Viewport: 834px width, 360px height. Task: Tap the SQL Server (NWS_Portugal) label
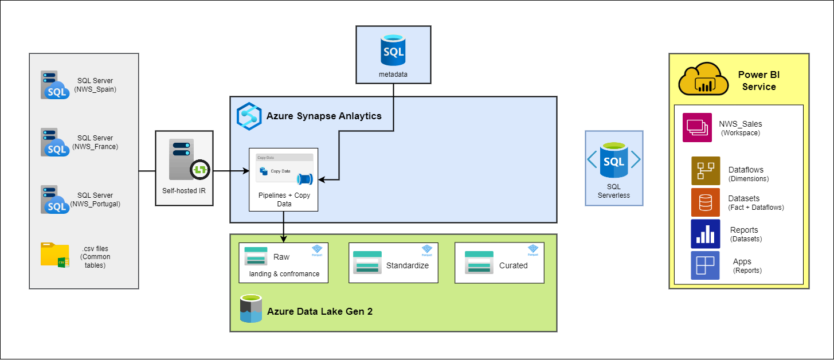pyautogui.click(x=95, y=199)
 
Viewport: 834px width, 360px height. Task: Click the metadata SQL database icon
pyautogui.click(x=393, y=50)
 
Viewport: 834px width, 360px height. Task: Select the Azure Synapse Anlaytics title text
pyautogui.click(x=324, y=116)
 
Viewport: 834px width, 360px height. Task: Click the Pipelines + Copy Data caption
pyautogui.click(x=283, y=200)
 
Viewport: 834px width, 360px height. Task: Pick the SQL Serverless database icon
pyautogui.click(x=614, y=161)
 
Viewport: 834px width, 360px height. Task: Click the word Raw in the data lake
pyautogui.click(x=281, y=257)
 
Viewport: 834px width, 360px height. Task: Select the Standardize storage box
pyautogui.click(x=393, y=263)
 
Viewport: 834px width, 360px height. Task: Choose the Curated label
pyautogui.click(x=513, y=265)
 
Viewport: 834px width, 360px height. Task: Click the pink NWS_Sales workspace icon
pyautogui.click(x=697, y=127)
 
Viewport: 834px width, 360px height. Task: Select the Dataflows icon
pyautogui.click(x=705, y=171)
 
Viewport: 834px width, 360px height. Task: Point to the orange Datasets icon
pyautogui.click(x=705, y=202)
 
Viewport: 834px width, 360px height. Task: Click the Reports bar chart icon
pyautogui.click(x=705, y=233)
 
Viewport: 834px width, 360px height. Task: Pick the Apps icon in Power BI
pyautogui.click(x=705, y=265)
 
